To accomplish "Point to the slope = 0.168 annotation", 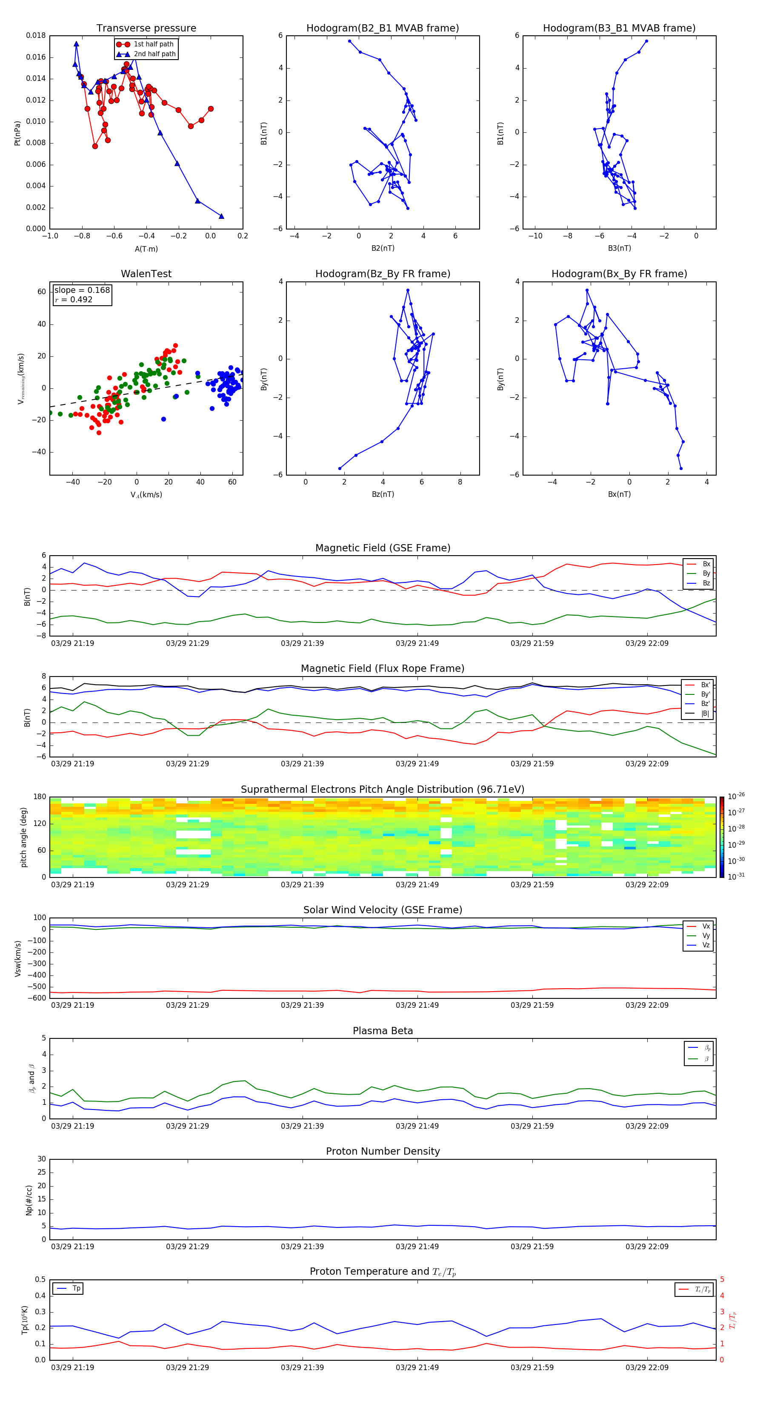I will pyautogui.click(x=82, y=290).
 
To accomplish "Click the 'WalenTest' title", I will pyautogui.click(x=146, y=274).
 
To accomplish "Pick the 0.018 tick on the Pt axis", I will pyautogui.click(x=36, y=36).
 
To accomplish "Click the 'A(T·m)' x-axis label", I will pyautogui.click(x=146, y=249).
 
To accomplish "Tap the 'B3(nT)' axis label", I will pyautogui.click(x=619, y=248).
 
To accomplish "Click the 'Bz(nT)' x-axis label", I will pyautogui.click(x=383, y=494).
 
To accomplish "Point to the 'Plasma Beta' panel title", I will pyautogui.click(x=383, y=1031).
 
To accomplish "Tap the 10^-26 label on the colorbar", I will pyautogui.click(x=736, y=796).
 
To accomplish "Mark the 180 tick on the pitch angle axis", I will pyautogui.click(x=40, y=797).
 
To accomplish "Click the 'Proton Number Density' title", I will pyautogui.click(x=383, y=1151).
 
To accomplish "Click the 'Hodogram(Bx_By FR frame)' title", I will pyautogui.click(x=619, y=274).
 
